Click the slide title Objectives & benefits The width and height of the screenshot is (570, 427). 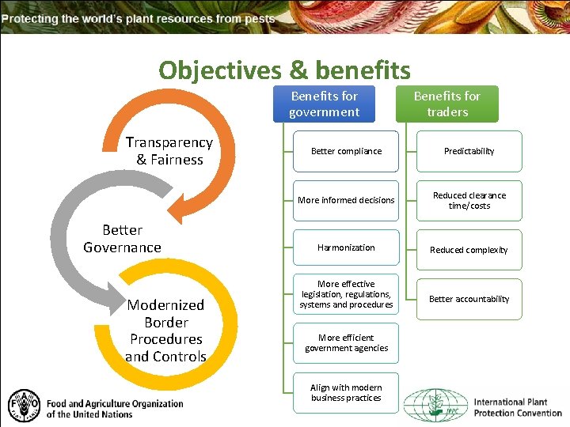coord(284,70)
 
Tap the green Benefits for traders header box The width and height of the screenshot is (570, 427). coord(447,104)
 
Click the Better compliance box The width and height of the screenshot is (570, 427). coord(346,151)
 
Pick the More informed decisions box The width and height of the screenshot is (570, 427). coord(346,200)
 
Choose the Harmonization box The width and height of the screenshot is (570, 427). coord(346,248)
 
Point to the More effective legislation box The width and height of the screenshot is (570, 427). coord(346,294)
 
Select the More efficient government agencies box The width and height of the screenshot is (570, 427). coord(346,343)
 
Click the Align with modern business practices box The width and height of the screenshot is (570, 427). coord(346,393)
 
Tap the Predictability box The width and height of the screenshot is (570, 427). coord(469,151)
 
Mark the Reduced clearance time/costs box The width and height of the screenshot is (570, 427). coord(469,200)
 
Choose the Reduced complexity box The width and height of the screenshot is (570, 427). coord(469,250)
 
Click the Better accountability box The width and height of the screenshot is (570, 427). coord(469,299)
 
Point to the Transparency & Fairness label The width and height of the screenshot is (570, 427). coord(169,151)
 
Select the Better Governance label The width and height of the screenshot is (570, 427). coord(123,239)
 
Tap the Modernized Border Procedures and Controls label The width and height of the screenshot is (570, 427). coord(166,331)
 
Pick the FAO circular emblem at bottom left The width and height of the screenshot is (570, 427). coord(23,405)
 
